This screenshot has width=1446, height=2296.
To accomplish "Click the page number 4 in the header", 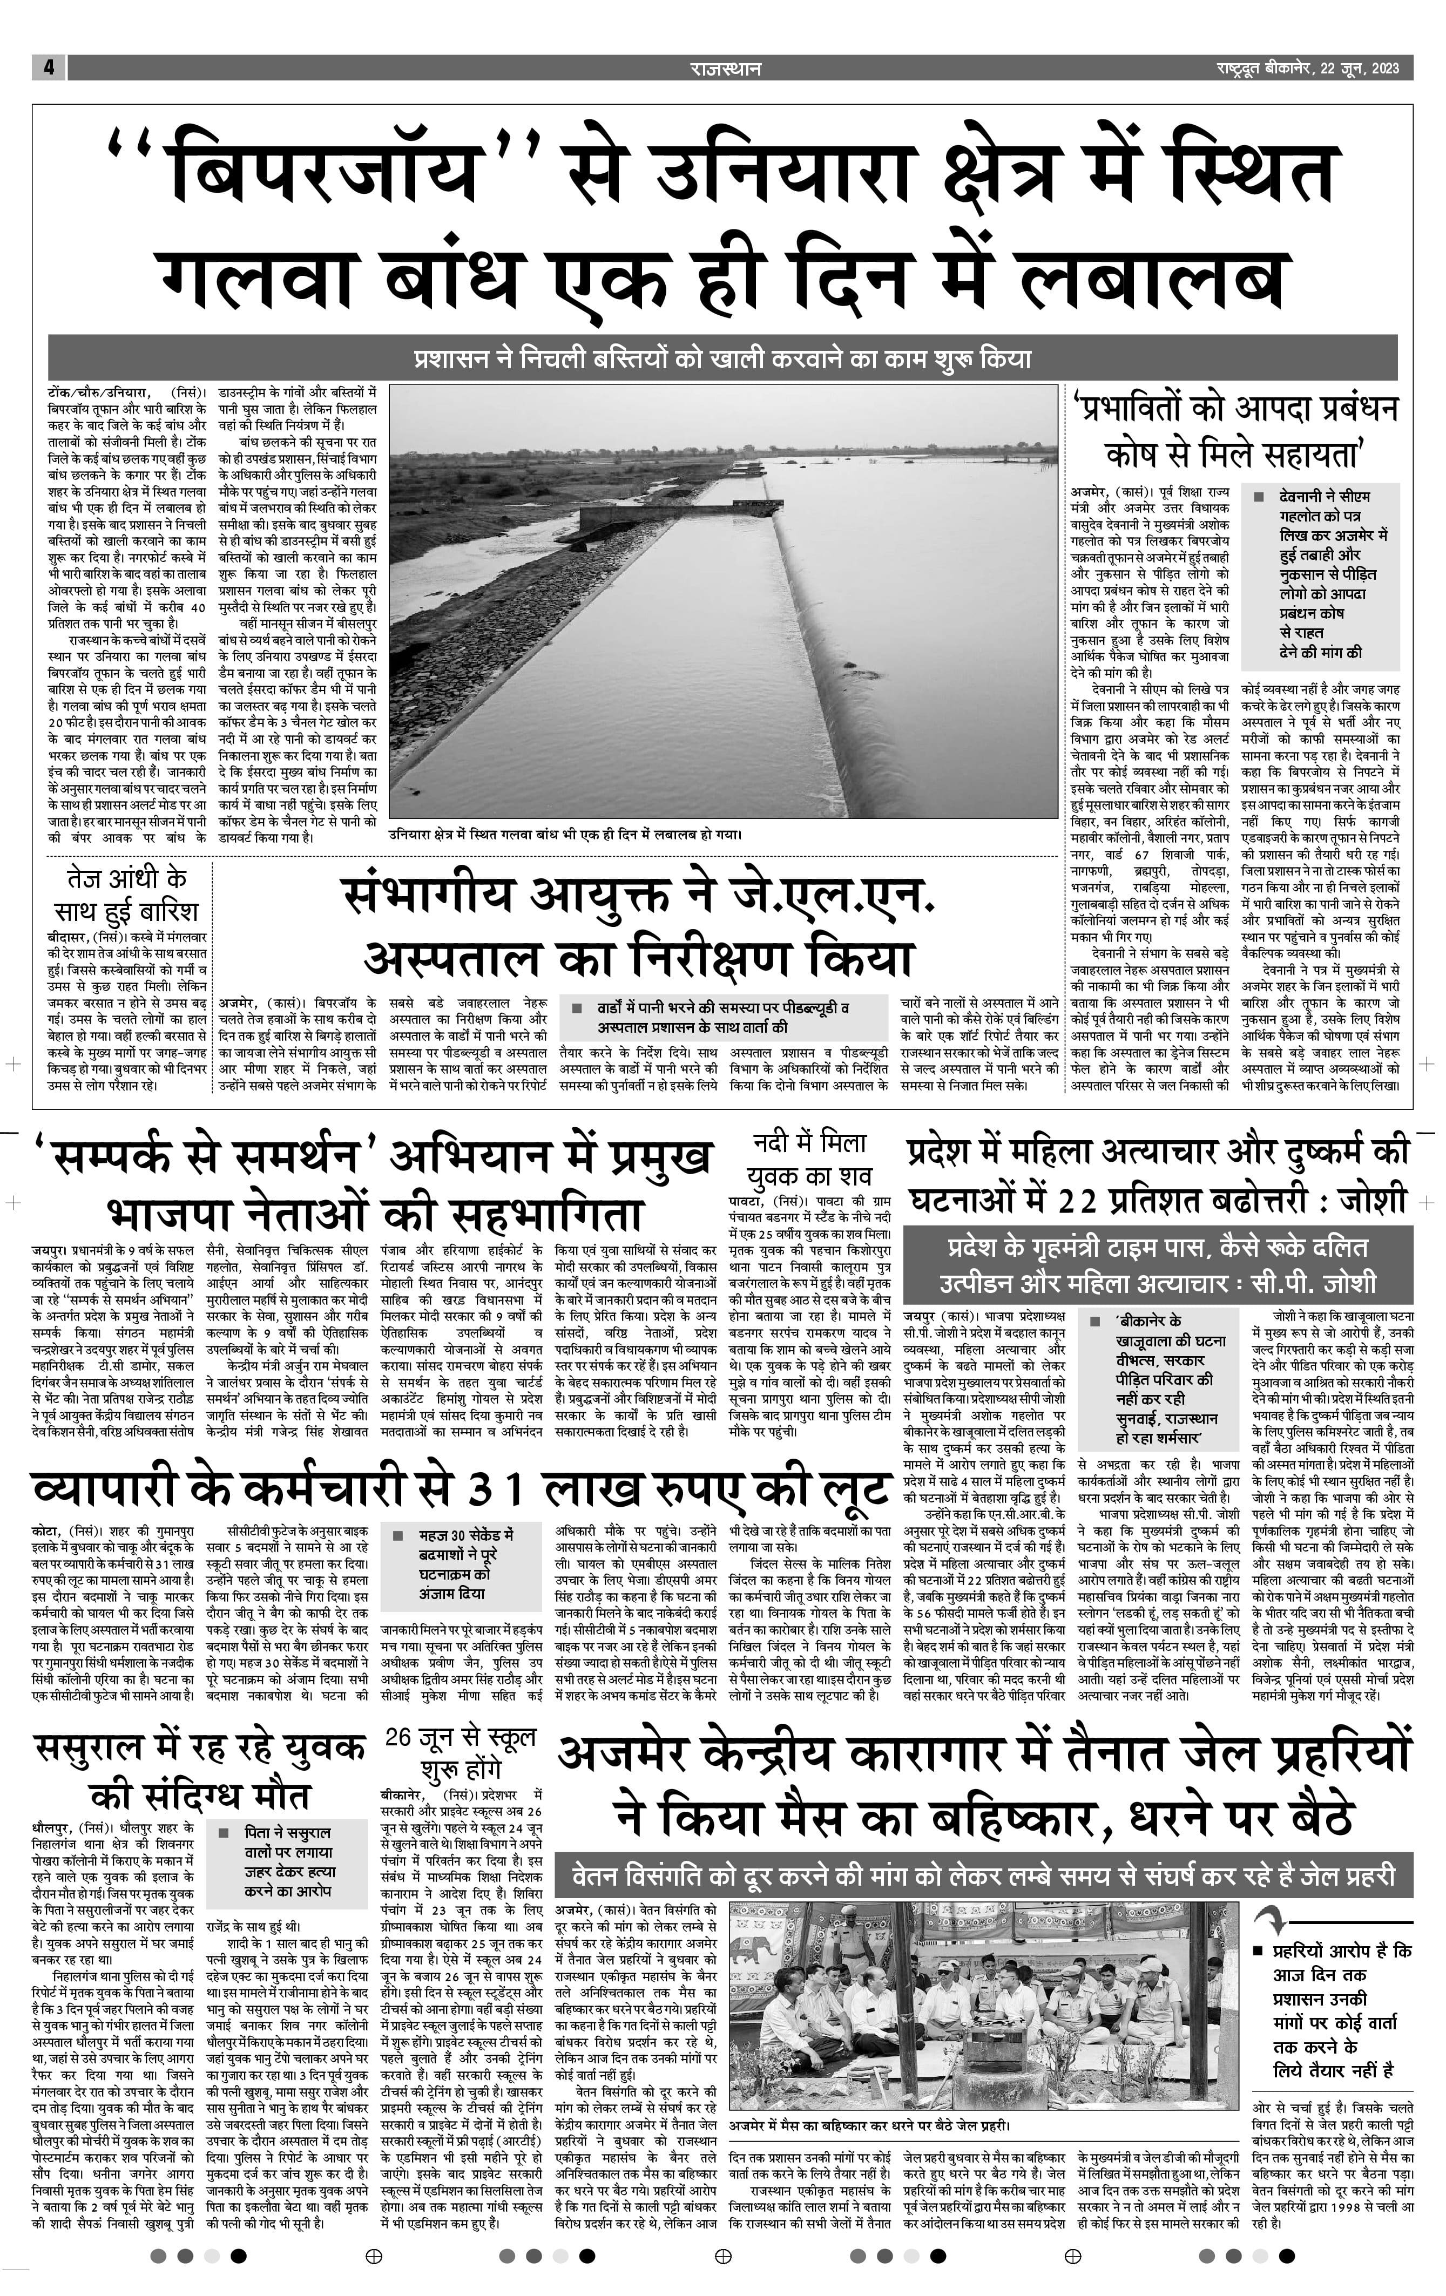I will [x=48, y=67].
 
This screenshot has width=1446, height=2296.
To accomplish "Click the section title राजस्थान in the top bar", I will [x=725, y=67].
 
